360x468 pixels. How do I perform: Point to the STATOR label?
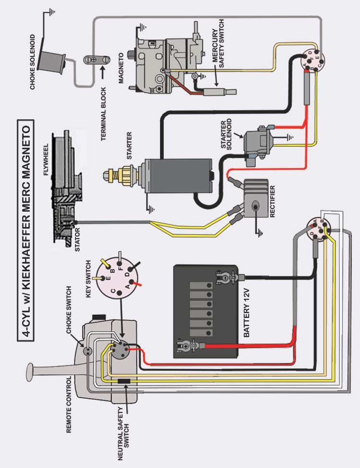(x=78, y=241)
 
